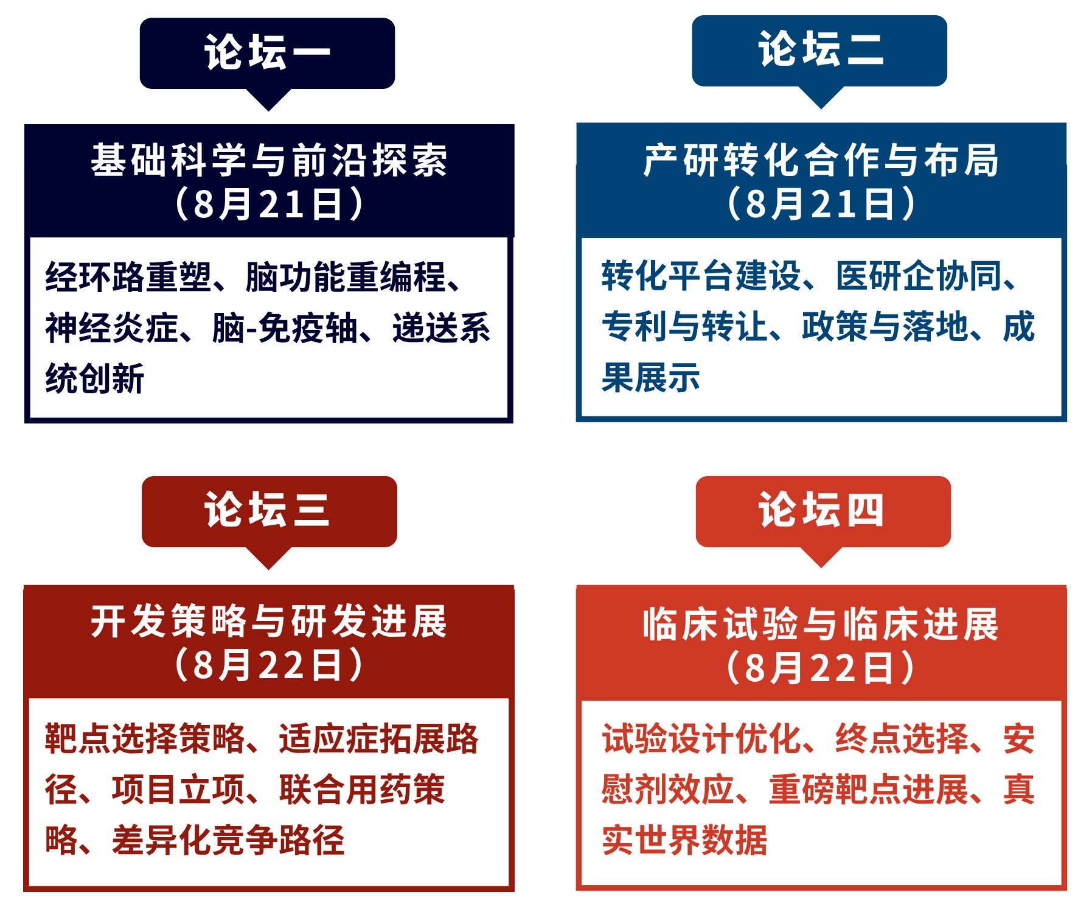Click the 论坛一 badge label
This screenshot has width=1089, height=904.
coord(268,52)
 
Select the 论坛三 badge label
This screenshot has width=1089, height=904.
coord(268,510)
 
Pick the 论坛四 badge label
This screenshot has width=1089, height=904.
coord(821,510)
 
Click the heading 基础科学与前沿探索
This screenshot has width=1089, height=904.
coord(269,160)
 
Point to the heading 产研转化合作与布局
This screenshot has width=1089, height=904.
coord(821,160)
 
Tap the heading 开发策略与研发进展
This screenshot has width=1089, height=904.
coord(269,621)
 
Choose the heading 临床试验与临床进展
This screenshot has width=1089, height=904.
coord(821,624)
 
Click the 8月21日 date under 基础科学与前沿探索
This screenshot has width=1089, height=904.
coord(269,203)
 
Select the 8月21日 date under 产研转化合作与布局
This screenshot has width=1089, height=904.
coord(821,203)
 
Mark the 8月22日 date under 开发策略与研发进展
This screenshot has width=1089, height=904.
coord(269,664)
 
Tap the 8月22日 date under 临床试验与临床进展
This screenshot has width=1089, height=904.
coord(821,667)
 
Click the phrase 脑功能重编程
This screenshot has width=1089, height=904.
coord(346,277)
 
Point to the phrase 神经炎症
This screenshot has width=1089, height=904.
coord(112,328)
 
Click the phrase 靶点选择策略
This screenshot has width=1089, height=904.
coord(145,739)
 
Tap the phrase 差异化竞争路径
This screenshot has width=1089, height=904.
coord(228,840)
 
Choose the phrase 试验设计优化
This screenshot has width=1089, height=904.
coord(701,739)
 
